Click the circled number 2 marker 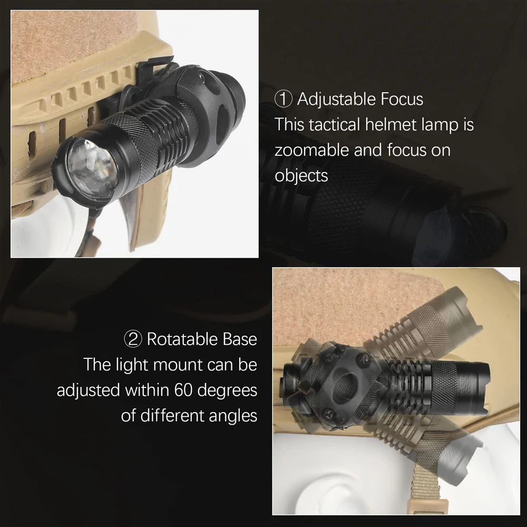click(133, 339)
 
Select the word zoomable click(311, 150)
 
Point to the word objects click(301, 175)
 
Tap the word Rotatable click(182, 339)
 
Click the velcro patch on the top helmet click(69, 45)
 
